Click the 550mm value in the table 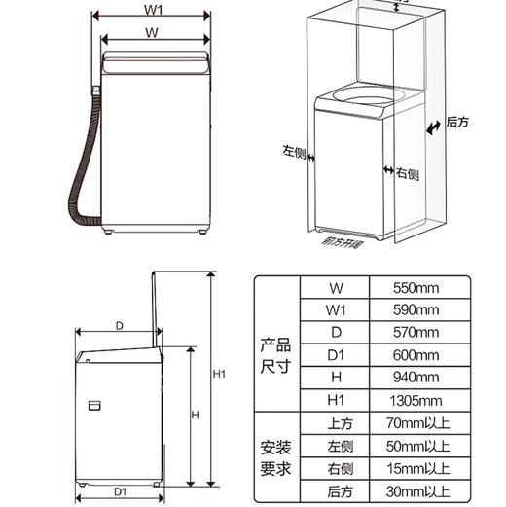coord(416,287)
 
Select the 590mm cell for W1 coord(416,309)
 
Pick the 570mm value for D coord(416,332)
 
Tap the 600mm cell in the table coord(416,354)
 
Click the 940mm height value coord(416,377)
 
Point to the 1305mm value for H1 coord(416,400)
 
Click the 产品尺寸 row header coord(275,354)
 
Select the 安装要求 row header coord(275,457)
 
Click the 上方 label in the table coord(336,423)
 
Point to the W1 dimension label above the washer coord(153,11)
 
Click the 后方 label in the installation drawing coord(457,123)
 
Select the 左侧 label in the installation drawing coord(294,152)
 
